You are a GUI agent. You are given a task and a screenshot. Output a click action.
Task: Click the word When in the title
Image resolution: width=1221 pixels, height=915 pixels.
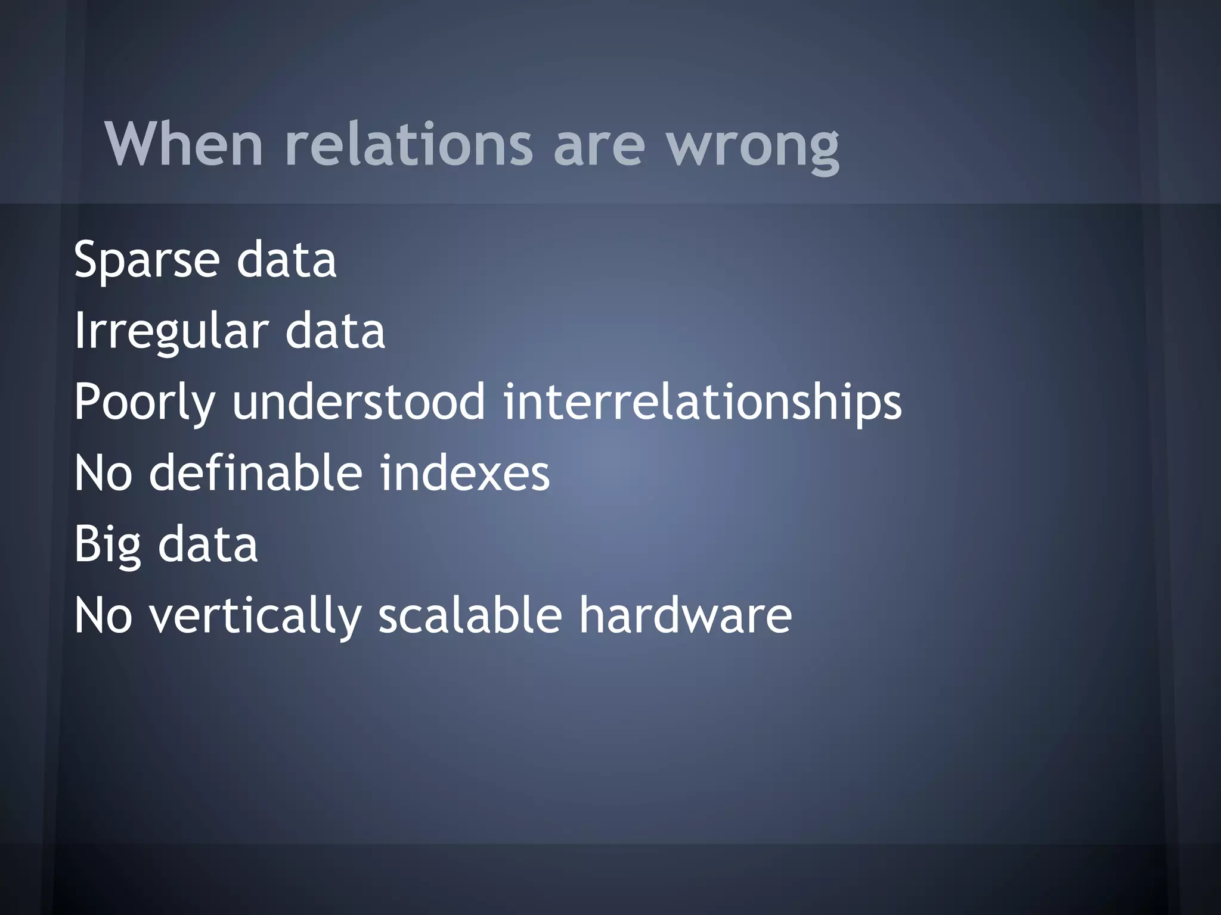click(x=184, y=144)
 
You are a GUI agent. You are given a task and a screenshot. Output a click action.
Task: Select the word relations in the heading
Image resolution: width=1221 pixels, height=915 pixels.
click(x=408, y=144)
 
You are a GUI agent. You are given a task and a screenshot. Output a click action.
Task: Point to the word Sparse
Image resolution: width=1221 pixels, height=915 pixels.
click(x=147, y=260)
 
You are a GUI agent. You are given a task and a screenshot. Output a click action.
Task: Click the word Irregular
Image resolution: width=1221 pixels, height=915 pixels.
click(x=171, y=332)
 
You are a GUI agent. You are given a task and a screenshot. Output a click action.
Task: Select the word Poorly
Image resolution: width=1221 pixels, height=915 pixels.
click(x=144, y=403)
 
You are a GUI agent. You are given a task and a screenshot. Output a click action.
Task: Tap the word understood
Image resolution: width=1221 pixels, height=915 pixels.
click(x=358, y=402)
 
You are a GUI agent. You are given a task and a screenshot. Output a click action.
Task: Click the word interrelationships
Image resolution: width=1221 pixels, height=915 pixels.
click(x=702, y=403)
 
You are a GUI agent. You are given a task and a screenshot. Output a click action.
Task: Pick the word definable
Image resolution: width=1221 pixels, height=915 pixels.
click(x=255, y=473)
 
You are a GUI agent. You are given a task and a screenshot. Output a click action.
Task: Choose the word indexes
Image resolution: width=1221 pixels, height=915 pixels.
click(x=464, y=473)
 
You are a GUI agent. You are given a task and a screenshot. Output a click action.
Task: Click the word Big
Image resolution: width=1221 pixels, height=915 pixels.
click(x=107, y=545)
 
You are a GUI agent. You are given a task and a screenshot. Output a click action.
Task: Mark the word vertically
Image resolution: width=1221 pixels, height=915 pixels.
click(x=255, y=617)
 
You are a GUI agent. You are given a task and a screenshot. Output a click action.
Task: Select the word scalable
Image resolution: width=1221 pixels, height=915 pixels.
click(x=470, y=615)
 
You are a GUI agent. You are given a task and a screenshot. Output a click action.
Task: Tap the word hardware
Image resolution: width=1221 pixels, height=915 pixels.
click(x=685, y=615)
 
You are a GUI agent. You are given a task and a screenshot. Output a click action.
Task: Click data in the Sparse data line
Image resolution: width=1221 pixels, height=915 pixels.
click(x=286, y=260)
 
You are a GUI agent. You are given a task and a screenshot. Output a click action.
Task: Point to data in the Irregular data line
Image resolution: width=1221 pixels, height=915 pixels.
click(x=335, y=332)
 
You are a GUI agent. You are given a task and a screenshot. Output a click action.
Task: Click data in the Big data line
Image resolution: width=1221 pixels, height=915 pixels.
click(x=207, y=545)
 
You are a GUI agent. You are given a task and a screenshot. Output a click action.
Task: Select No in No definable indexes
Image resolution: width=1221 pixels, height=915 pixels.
click(x=103, y=473)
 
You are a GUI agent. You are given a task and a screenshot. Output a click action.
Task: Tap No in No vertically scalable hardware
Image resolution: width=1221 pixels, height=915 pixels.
click(x=103, y=615)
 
